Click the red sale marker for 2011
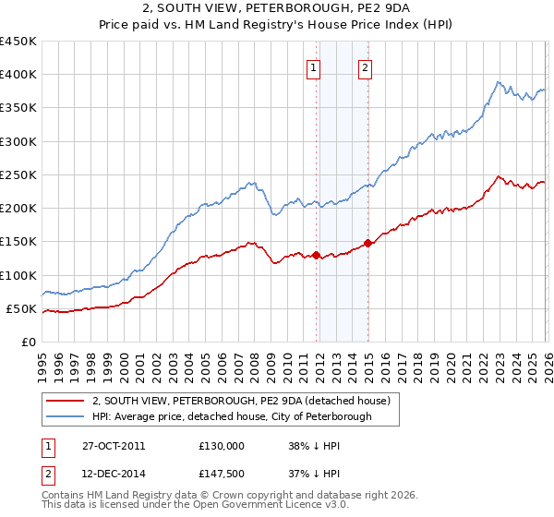316,255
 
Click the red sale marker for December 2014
367,243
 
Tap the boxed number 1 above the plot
314,67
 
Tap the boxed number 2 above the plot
366,67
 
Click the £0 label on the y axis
28,342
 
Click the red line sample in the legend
66,401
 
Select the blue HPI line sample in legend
66,416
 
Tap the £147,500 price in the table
221,475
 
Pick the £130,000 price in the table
221,445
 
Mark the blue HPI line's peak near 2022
497,81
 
